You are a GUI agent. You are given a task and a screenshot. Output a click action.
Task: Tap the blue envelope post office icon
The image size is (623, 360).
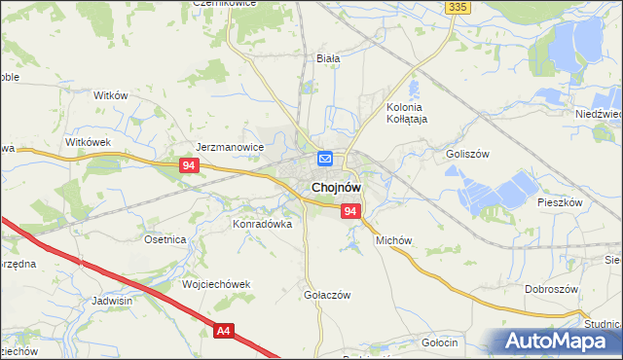click(325, 159)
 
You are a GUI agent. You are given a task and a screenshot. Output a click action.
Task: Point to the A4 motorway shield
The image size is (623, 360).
click(224, 332)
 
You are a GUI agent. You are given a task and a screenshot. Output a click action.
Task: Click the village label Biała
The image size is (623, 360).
click(328, 58)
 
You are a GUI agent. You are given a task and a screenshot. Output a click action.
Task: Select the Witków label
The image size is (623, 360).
click(110, 95)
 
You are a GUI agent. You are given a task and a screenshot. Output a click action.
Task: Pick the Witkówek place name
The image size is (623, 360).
click(90, 142)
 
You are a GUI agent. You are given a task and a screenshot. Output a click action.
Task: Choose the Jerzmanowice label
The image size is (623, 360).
click(230, 147)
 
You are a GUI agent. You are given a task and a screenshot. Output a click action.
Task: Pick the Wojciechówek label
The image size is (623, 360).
click(216, 284)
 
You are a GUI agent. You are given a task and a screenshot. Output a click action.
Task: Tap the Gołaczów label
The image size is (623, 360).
click(326, 295)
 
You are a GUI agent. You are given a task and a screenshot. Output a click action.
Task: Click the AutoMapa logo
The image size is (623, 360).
click(562, 342)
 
